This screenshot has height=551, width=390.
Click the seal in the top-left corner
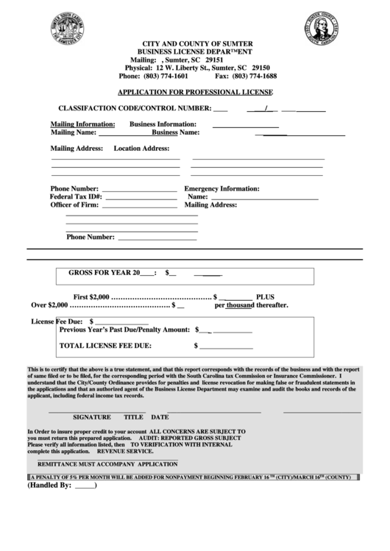coord(68,29)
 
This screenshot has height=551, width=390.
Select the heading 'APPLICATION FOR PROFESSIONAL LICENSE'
coord(195,93)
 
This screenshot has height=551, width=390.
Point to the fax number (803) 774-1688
coord(255,76)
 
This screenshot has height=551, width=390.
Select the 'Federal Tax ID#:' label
coord(76,197)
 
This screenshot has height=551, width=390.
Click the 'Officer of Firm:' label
coord(74,205)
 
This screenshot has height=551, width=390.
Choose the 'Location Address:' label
coord(141,148)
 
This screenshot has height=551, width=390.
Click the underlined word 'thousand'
coord(240,305)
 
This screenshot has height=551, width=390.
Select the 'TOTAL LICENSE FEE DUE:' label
coord(105,344)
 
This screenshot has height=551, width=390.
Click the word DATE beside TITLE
coord(160,416)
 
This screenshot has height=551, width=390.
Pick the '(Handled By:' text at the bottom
coord(50,486)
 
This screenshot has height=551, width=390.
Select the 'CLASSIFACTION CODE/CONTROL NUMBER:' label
coord(134,109)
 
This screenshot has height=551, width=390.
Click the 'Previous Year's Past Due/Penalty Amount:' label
coord(124,330)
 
